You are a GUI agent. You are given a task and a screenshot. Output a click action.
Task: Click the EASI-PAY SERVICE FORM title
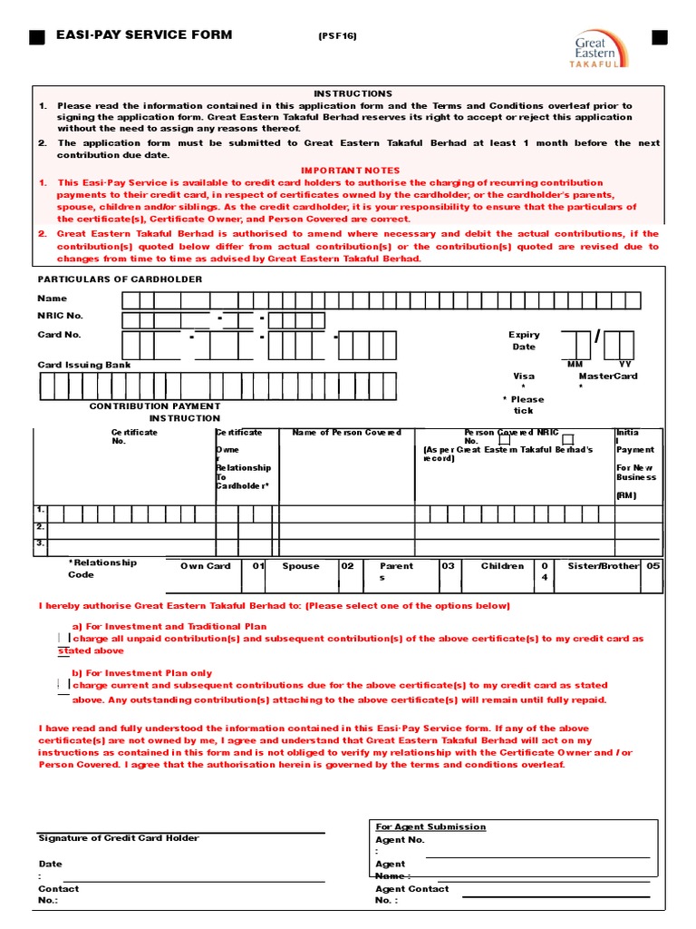click(144, 35)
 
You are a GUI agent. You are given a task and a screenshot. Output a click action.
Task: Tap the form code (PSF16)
click(337, 36)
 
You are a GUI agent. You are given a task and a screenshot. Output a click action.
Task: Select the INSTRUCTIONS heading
click(353, 93)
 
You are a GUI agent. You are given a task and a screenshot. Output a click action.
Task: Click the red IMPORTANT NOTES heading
click(350, 171)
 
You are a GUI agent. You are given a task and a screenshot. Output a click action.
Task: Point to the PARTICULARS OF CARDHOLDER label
click(120, 279)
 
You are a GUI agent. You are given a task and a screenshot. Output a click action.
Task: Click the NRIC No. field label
click(60, 316)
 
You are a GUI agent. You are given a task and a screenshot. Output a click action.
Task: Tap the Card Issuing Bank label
click(84, 365)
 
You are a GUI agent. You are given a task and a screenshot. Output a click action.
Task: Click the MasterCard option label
click(608, 376)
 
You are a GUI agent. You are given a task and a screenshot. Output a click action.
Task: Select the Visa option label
click(524, 376)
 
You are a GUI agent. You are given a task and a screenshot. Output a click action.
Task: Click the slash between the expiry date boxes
click(597, 337)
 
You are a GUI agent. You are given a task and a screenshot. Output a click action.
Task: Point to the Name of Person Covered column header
click(346, 433)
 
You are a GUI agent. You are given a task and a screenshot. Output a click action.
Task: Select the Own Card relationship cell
click(206, 566)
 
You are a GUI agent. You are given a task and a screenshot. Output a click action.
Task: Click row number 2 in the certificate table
click(40, 527)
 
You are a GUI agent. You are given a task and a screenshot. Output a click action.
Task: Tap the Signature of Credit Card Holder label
click(119, 838)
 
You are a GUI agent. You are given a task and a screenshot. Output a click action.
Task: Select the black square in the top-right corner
click(659, 36)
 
